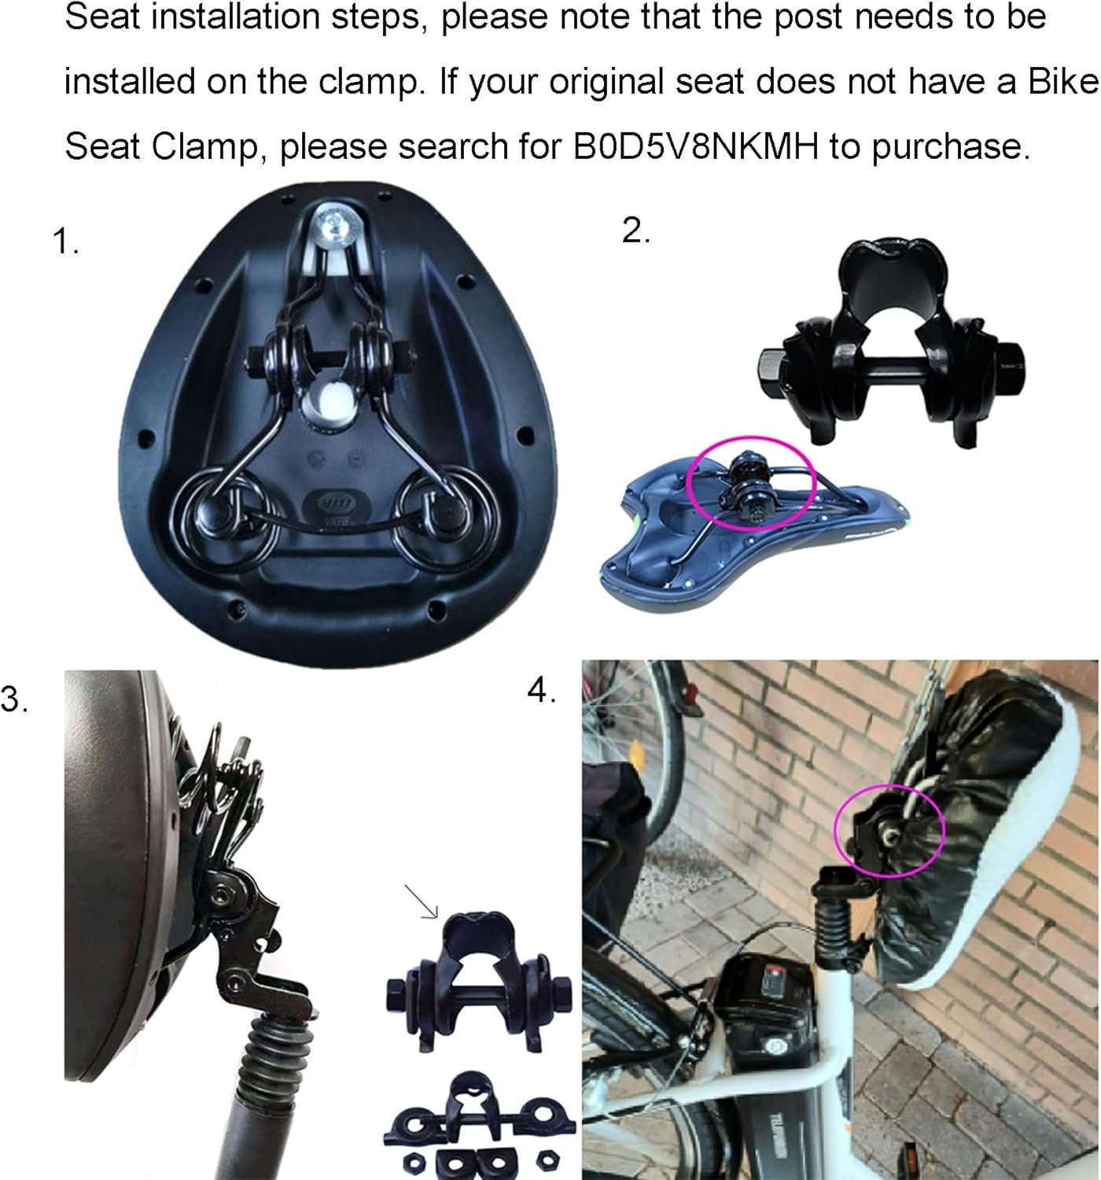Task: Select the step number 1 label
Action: [x=64, y=242]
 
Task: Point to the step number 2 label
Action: [x=635, y=230]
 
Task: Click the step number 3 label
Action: [x=14, y=699]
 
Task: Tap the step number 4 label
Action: [x=541, y=691]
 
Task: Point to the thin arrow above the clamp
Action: [x=421, y=902]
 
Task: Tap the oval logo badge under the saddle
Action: [x=337, y=506]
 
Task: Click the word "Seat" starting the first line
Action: [x=102, y=18]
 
